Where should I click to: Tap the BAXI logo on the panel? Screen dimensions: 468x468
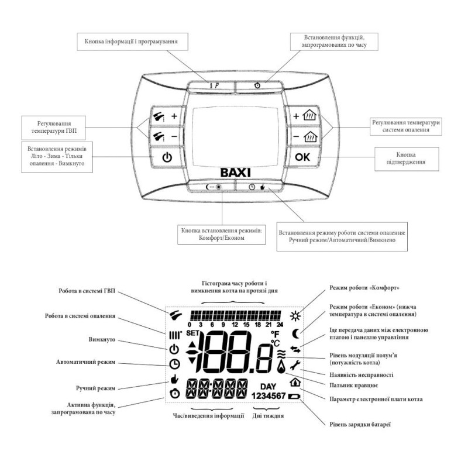235,173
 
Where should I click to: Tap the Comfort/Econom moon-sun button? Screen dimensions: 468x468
214,187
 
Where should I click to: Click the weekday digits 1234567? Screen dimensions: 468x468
269,396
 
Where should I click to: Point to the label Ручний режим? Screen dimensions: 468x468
95,388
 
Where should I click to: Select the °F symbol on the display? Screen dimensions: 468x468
275,333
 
